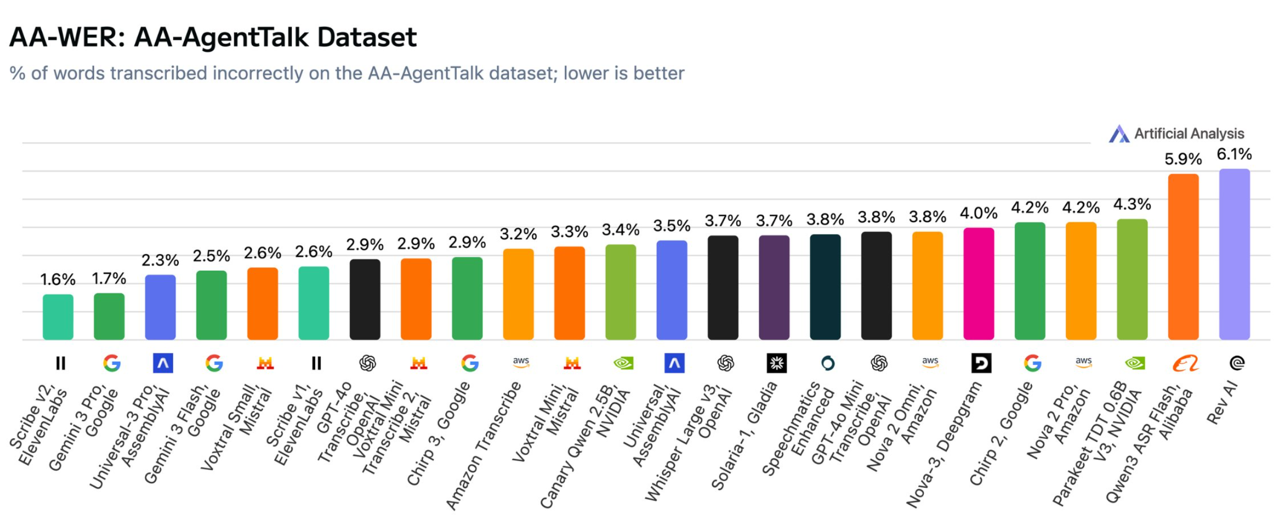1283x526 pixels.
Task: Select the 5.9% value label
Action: click(x=1183, y=159)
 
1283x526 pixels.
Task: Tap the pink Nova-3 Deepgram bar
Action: click(x=978, y=284)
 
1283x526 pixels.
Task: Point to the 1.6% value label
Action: click(x=58, y=280)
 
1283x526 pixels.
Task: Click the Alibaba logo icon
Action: click(x=1185, y=364)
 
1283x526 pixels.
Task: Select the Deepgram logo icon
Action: click(x=980, y=364)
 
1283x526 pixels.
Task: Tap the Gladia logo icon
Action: click(x=776, y=364)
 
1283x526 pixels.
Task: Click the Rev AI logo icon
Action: click(x=1237, y=364)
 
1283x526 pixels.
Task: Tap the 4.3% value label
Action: click(x=1132, y=204)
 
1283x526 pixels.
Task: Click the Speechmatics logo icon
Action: click(x=827, y=364)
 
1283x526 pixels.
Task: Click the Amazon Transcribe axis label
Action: click(x=483, y=444)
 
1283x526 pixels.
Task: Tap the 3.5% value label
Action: click(x=671, y=226)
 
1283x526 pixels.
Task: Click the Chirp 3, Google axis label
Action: click(x=438, y=433)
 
